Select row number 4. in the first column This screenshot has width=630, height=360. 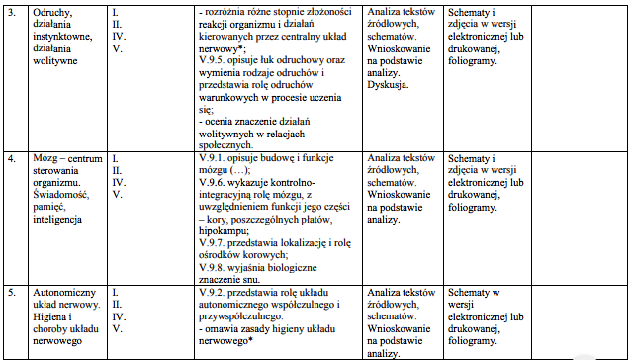click(14, 158)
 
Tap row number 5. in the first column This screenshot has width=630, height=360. click(14, 294)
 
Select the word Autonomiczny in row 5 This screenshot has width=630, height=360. click(64, 294)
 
